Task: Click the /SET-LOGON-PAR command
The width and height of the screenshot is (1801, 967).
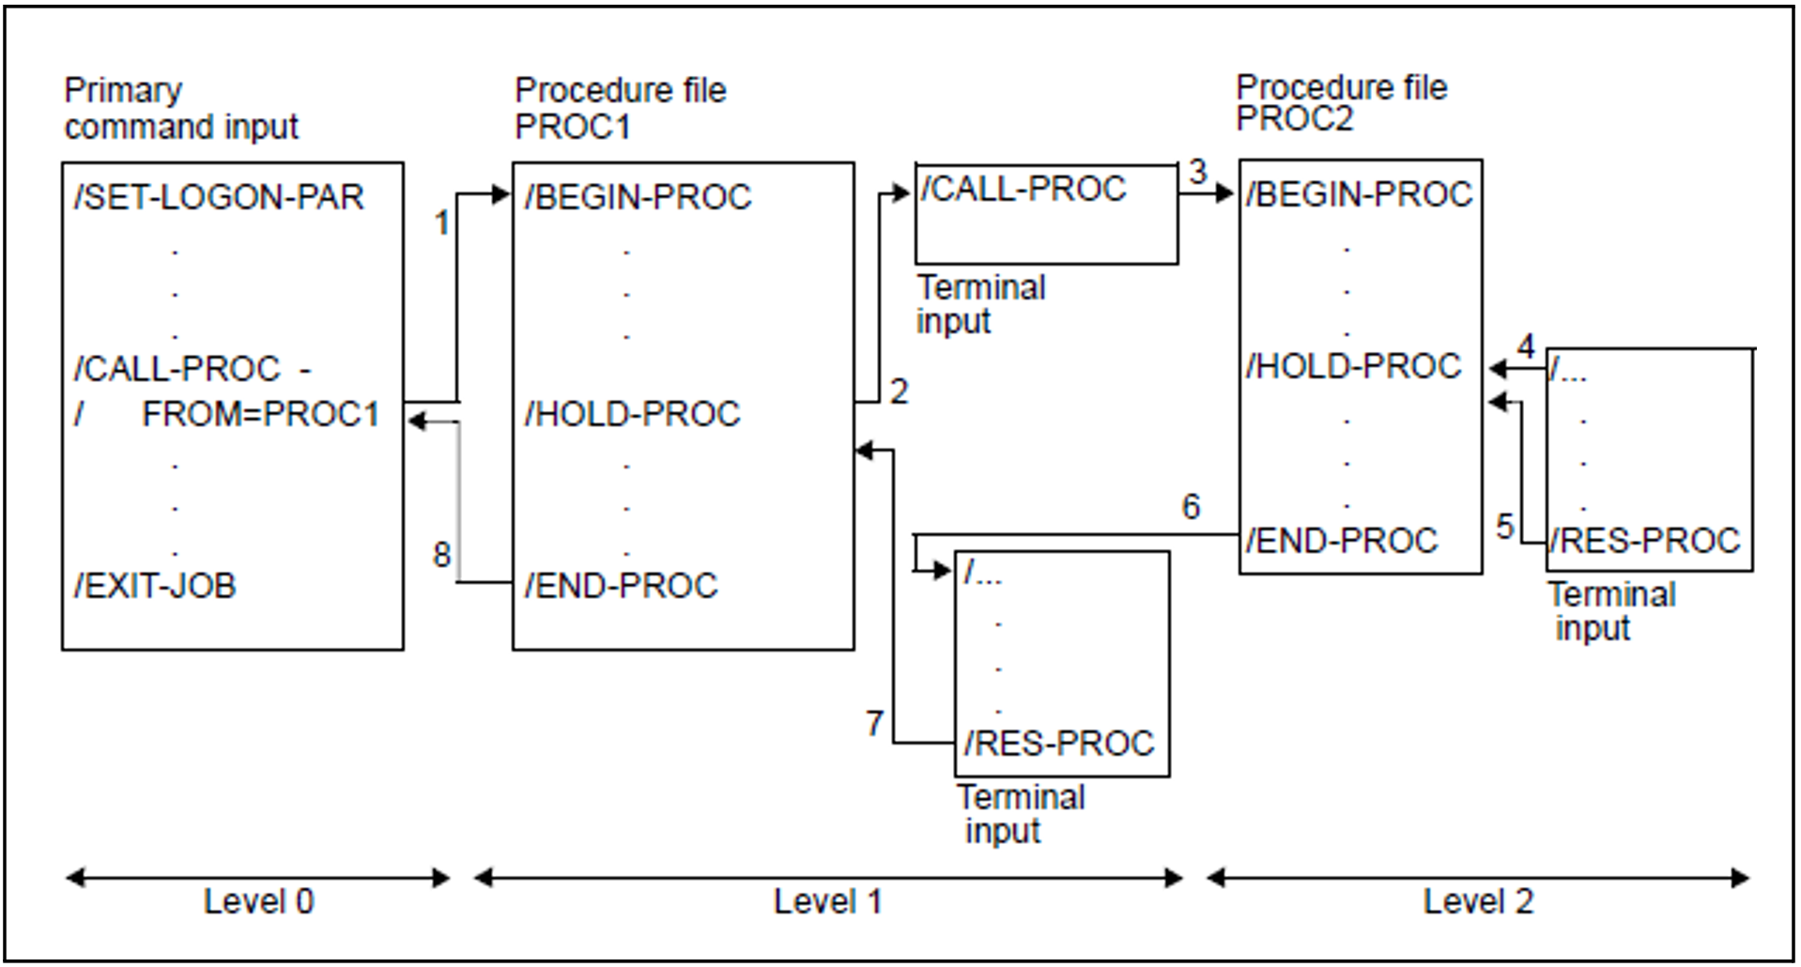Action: pyautogui.click(x=219, y=197)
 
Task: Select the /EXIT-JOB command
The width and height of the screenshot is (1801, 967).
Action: pyautogui.click(x=155, y=586)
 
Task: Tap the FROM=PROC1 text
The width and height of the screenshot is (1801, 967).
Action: pyautogui.click(x=260, y=414)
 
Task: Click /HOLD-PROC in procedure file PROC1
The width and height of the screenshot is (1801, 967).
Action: pyautogui.click(x=632, y=414)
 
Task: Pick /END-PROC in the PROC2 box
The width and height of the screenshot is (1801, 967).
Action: pyautogui.click(x=1342, y=541)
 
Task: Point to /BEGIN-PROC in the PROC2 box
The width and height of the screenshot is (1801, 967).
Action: pyautogui.click(x=1359, y=194)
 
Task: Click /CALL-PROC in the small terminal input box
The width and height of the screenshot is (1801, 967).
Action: pyautogui.click(x=1023, y=189)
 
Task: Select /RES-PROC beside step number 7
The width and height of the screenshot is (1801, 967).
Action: pyautogui.click(x=1058, y=744)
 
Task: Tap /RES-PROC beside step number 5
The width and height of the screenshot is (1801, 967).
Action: pyautogui.click(x=1645, y=541)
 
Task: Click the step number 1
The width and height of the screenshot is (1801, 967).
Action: pyautogui.click(x=441, y=223)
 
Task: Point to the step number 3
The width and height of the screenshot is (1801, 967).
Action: pyautogui.click(x=1197, y=172)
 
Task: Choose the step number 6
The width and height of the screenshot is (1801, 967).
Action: pyautogui.click(x=1191, y=507)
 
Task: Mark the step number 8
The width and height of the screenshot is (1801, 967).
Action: pyautogui.click(x=441, y=555)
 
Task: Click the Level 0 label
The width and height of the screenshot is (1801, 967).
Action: pyautogui.click(x=258, y=902)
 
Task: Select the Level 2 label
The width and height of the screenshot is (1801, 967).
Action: pyautogui.click(x=1478, y=902)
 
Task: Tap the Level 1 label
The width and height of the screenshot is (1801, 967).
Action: pyautogui.click(x=827, y=902)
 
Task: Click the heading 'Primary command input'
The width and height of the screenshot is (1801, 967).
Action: pyautogui.click(x=180, y=109)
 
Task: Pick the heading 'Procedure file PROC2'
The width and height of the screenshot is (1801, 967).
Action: pyautogui.click(x=1341, y=102)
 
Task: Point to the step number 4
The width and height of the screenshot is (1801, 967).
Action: pyautogui.click(x=1526, y=347)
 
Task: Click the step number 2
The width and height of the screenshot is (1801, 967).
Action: pyautogui.click(x=899, y=391)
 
